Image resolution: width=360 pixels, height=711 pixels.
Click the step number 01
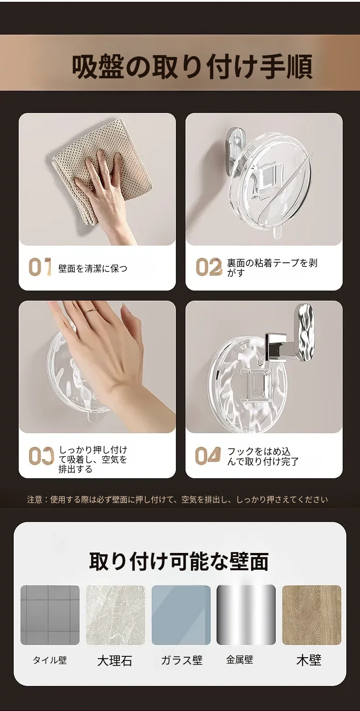(x=40, y=266)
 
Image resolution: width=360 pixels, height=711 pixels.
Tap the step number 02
(x=209, y=266)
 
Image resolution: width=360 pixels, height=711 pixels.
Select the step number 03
(x=41, y=456)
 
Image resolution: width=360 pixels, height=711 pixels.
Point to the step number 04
(x=208, y=455)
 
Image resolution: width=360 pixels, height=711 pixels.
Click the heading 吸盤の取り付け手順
(x=192, y=66)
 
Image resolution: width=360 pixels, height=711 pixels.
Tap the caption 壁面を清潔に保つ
(x=93, y=269)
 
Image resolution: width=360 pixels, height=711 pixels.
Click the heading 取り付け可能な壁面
(x=179, y=561)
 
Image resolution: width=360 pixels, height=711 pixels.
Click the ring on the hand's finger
(x=91, y=311)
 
